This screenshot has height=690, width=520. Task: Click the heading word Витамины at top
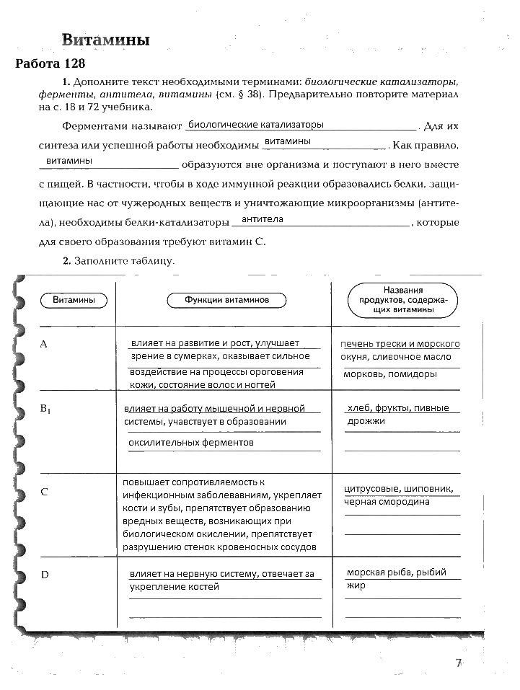coord(105,40)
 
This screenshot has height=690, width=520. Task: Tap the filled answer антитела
coord(263,218)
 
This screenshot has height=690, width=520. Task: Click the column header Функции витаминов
coord(226,299)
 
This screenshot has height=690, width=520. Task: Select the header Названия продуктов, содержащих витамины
coord(404,299)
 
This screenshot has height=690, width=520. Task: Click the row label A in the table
coord(44,344)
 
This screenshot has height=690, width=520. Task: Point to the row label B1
coord(47,410)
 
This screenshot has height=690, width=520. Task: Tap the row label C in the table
coord(45,492)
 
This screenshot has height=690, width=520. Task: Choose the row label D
coord(45,574)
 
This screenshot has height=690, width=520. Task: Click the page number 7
coord(458,663)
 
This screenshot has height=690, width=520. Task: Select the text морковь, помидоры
coord(390,374)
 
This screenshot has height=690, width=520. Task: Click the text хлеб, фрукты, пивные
coord(397,408)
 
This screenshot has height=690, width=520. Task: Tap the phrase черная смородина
coord(387,502)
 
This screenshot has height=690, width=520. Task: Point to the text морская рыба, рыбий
coord(397,572)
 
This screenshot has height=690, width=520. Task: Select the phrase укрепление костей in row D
coord(174,587)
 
